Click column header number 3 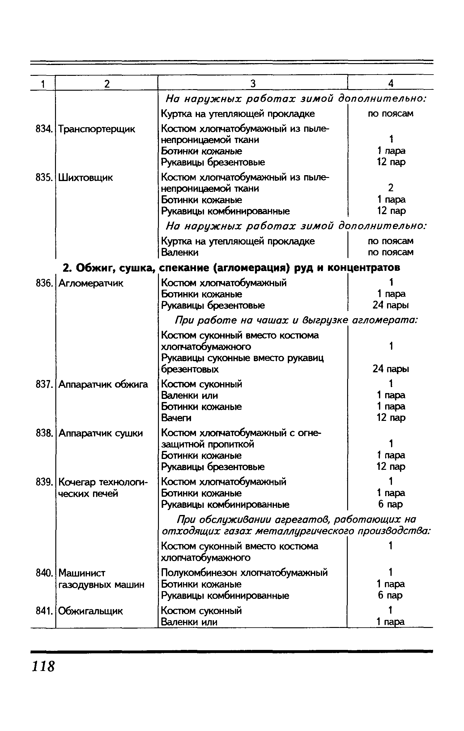click(253, 84)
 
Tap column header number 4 click(391, 84)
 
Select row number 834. click(43, 129)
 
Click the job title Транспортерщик click(97, 129)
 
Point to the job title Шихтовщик click(86, 178)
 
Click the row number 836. click(43, 283)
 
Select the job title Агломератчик click(91, 283)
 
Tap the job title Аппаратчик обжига click(103, 384)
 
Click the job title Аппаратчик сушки click(101, 433)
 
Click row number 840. click(43, 573)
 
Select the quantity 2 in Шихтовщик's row click(391, 188)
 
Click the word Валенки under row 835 click(180, 253)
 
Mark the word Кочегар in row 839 click(76, 482)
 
